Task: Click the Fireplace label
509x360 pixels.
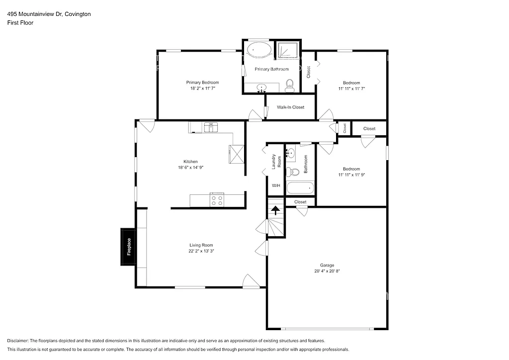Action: click(x=128, y=247)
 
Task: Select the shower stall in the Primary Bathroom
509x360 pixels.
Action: click(x=287, y=51)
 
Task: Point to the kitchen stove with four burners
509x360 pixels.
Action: click(x=217, y=200)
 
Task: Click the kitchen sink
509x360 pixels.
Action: click(x=210, y=127)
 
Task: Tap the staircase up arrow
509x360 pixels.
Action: click(x=275, y=210)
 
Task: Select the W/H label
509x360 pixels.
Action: click(x=275, y=185)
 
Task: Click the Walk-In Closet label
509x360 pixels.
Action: click(x=290, y=107)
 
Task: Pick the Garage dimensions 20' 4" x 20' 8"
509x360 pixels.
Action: click(x=327, y=271)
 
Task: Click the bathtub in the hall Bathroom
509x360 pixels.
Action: click(x=300, y=188)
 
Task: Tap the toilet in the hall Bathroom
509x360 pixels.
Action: click(x=294, y=172)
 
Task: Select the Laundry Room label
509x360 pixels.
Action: click(x=276, y=162)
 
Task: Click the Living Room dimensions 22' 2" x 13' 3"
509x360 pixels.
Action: click(x=201, y=251)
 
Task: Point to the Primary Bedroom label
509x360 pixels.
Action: click(x=202, y=83)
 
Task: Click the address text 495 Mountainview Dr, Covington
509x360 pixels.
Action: click(x=49, y=14)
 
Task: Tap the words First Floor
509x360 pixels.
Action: click(x=20, y=23)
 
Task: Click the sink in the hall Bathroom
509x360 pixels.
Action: click(x=292, y=152)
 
